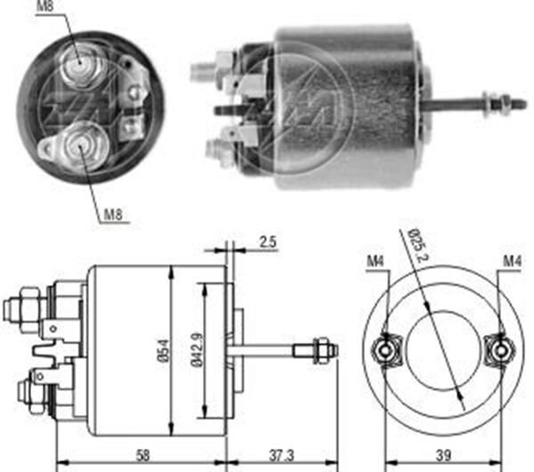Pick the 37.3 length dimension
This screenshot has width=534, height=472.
tap(280, 456)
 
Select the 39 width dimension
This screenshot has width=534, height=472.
tap(443, 456)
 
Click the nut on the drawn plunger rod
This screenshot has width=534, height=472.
tap(321, 349)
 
